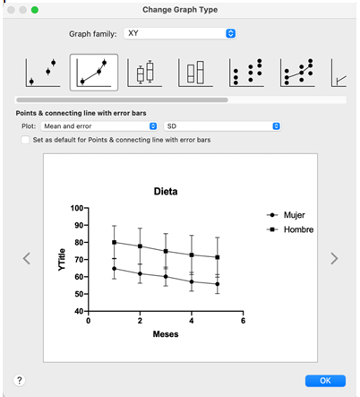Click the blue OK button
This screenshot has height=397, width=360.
(x=325, y=381)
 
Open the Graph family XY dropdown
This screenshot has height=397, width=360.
(x=180, y=33)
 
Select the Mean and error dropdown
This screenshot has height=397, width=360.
(x=99, y=126)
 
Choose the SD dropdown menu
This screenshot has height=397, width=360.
(x=222, y=126)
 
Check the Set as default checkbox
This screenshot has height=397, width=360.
(x=25, y=140)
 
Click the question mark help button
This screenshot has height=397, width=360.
(x=20, y=380)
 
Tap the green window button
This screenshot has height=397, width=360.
(x=35, y=10)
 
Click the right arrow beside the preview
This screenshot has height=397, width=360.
(x=334, y=258)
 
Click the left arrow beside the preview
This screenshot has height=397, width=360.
(x=27, y=258)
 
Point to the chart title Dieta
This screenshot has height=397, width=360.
(x=166, y=191)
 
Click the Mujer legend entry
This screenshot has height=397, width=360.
(x=286, y=215)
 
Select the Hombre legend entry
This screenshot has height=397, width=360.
(x=290, y=229)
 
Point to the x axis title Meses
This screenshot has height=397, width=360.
(x=166, y=334)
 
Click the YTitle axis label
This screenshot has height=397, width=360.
(x=62, y=260)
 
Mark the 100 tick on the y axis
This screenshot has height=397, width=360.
(x=77, y=208)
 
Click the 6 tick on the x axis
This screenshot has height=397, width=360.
(x=243, y=321)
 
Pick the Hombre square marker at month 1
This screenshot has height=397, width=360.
(x=114, y=242)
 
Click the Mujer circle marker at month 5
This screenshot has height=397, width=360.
(x=218, y=284)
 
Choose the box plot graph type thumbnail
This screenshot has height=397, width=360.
(x=144, y=73)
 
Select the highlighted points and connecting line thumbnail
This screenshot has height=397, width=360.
(x=94, y=73)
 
